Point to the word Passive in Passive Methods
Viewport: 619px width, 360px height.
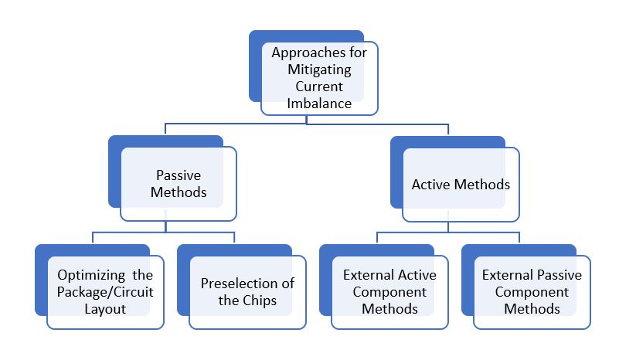pyautogui.click(x=179, y=175)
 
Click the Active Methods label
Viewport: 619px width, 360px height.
pyautogui.click(x=461, y=185)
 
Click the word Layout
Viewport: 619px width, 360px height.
pyautogui.click(x=106, y=308)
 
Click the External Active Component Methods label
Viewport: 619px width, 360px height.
pyautogui.click(x=389, y=292)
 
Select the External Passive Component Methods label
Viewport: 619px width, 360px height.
pyautogui.click(x=532, y=292)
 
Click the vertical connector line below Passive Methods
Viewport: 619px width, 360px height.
pyautogui.click(x=167, y=226)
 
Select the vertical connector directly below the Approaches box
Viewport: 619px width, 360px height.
pyautogui.click(x=307, y=119)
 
